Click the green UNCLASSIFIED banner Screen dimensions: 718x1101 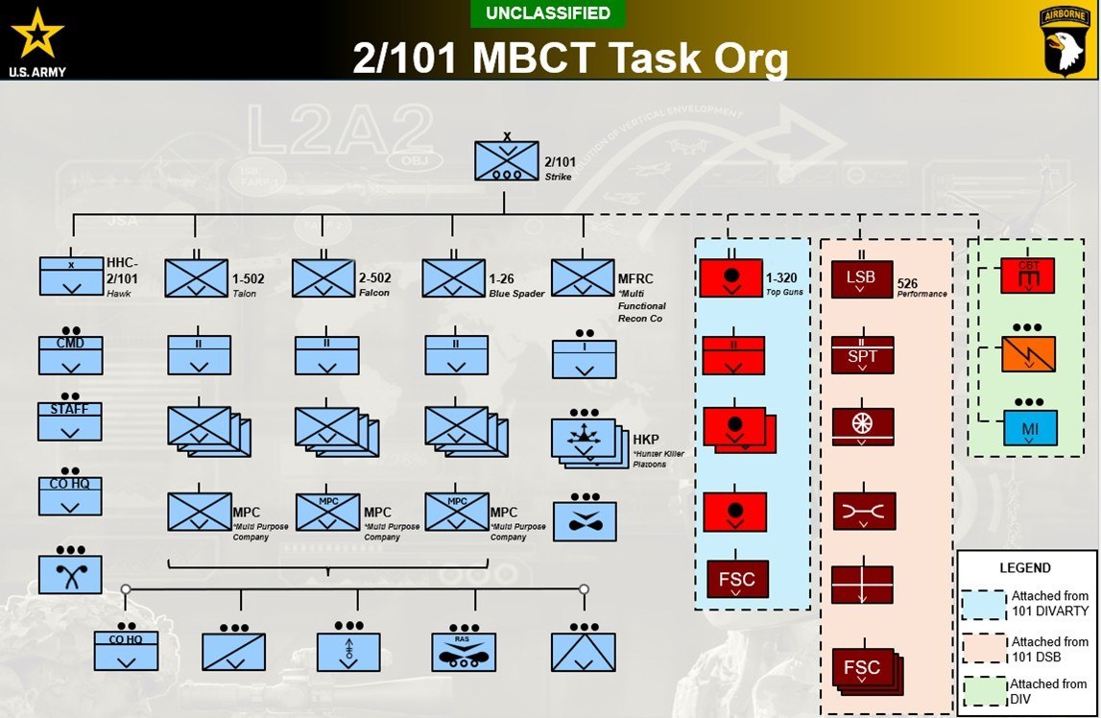click(548, 13)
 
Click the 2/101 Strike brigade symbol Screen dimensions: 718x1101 click(506, 160)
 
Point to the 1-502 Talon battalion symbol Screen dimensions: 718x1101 click(196, 277)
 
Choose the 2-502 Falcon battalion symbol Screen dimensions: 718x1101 click(323, 277)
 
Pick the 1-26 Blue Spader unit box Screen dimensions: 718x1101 click(454, 277)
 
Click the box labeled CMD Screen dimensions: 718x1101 click(70, 355)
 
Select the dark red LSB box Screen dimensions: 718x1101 click(861, 278)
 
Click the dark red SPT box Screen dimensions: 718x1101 click(862, 355)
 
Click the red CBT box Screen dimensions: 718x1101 click(1028, 275)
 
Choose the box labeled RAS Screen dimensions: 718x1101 click(464, 652)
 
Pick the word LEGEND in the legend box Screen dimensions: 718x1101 click(1026, 567)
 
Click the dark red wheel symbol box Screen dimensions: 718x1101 click(862, 427)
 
